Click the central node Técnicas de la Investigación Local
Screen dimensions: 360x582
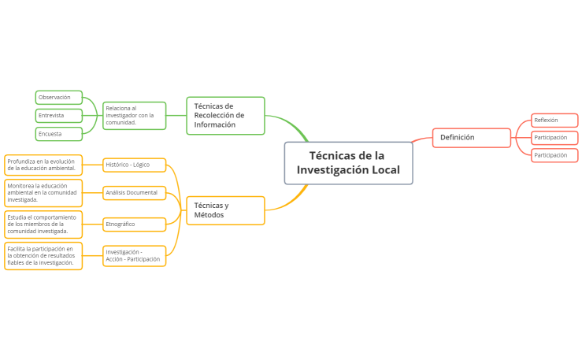point(348,163)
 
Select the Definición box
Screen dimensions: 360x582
point(472,138)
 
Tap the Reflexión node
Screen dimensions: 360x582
point(554,121)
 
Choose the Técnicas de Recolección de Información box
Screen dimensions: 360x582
point(225,115)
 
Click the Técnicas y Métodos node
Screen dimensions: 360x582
point(225,210)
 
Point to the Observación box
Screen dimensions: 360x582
point(59,98)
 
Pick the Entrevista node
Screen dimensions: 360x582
point(59,116)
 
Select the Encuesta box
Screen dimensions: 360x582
point(59,134)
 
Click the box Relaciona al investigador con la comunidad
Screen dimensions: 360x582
point(134,116)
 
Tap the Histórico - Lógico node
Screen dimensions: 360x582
point(134,165)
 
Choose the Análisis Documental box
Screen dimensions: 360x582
point(134,192)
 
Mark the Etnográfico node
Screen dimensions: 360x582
point(134,225)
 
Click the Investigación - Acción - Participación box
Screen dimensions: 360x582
point(134,256)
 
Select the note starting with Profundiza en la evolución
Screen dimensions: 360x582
point(43,165)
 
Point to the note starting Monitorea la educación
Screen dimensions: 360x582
point(43,192)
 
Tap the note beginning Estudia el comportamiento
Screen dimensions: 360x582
point(43,225)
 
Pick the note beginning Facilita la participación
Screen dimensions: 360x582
point(43,256)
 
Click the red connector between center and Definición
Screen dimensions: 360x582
point(422,140)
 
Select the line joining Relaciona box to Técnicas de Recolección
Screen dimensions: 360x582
point(176,116)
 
